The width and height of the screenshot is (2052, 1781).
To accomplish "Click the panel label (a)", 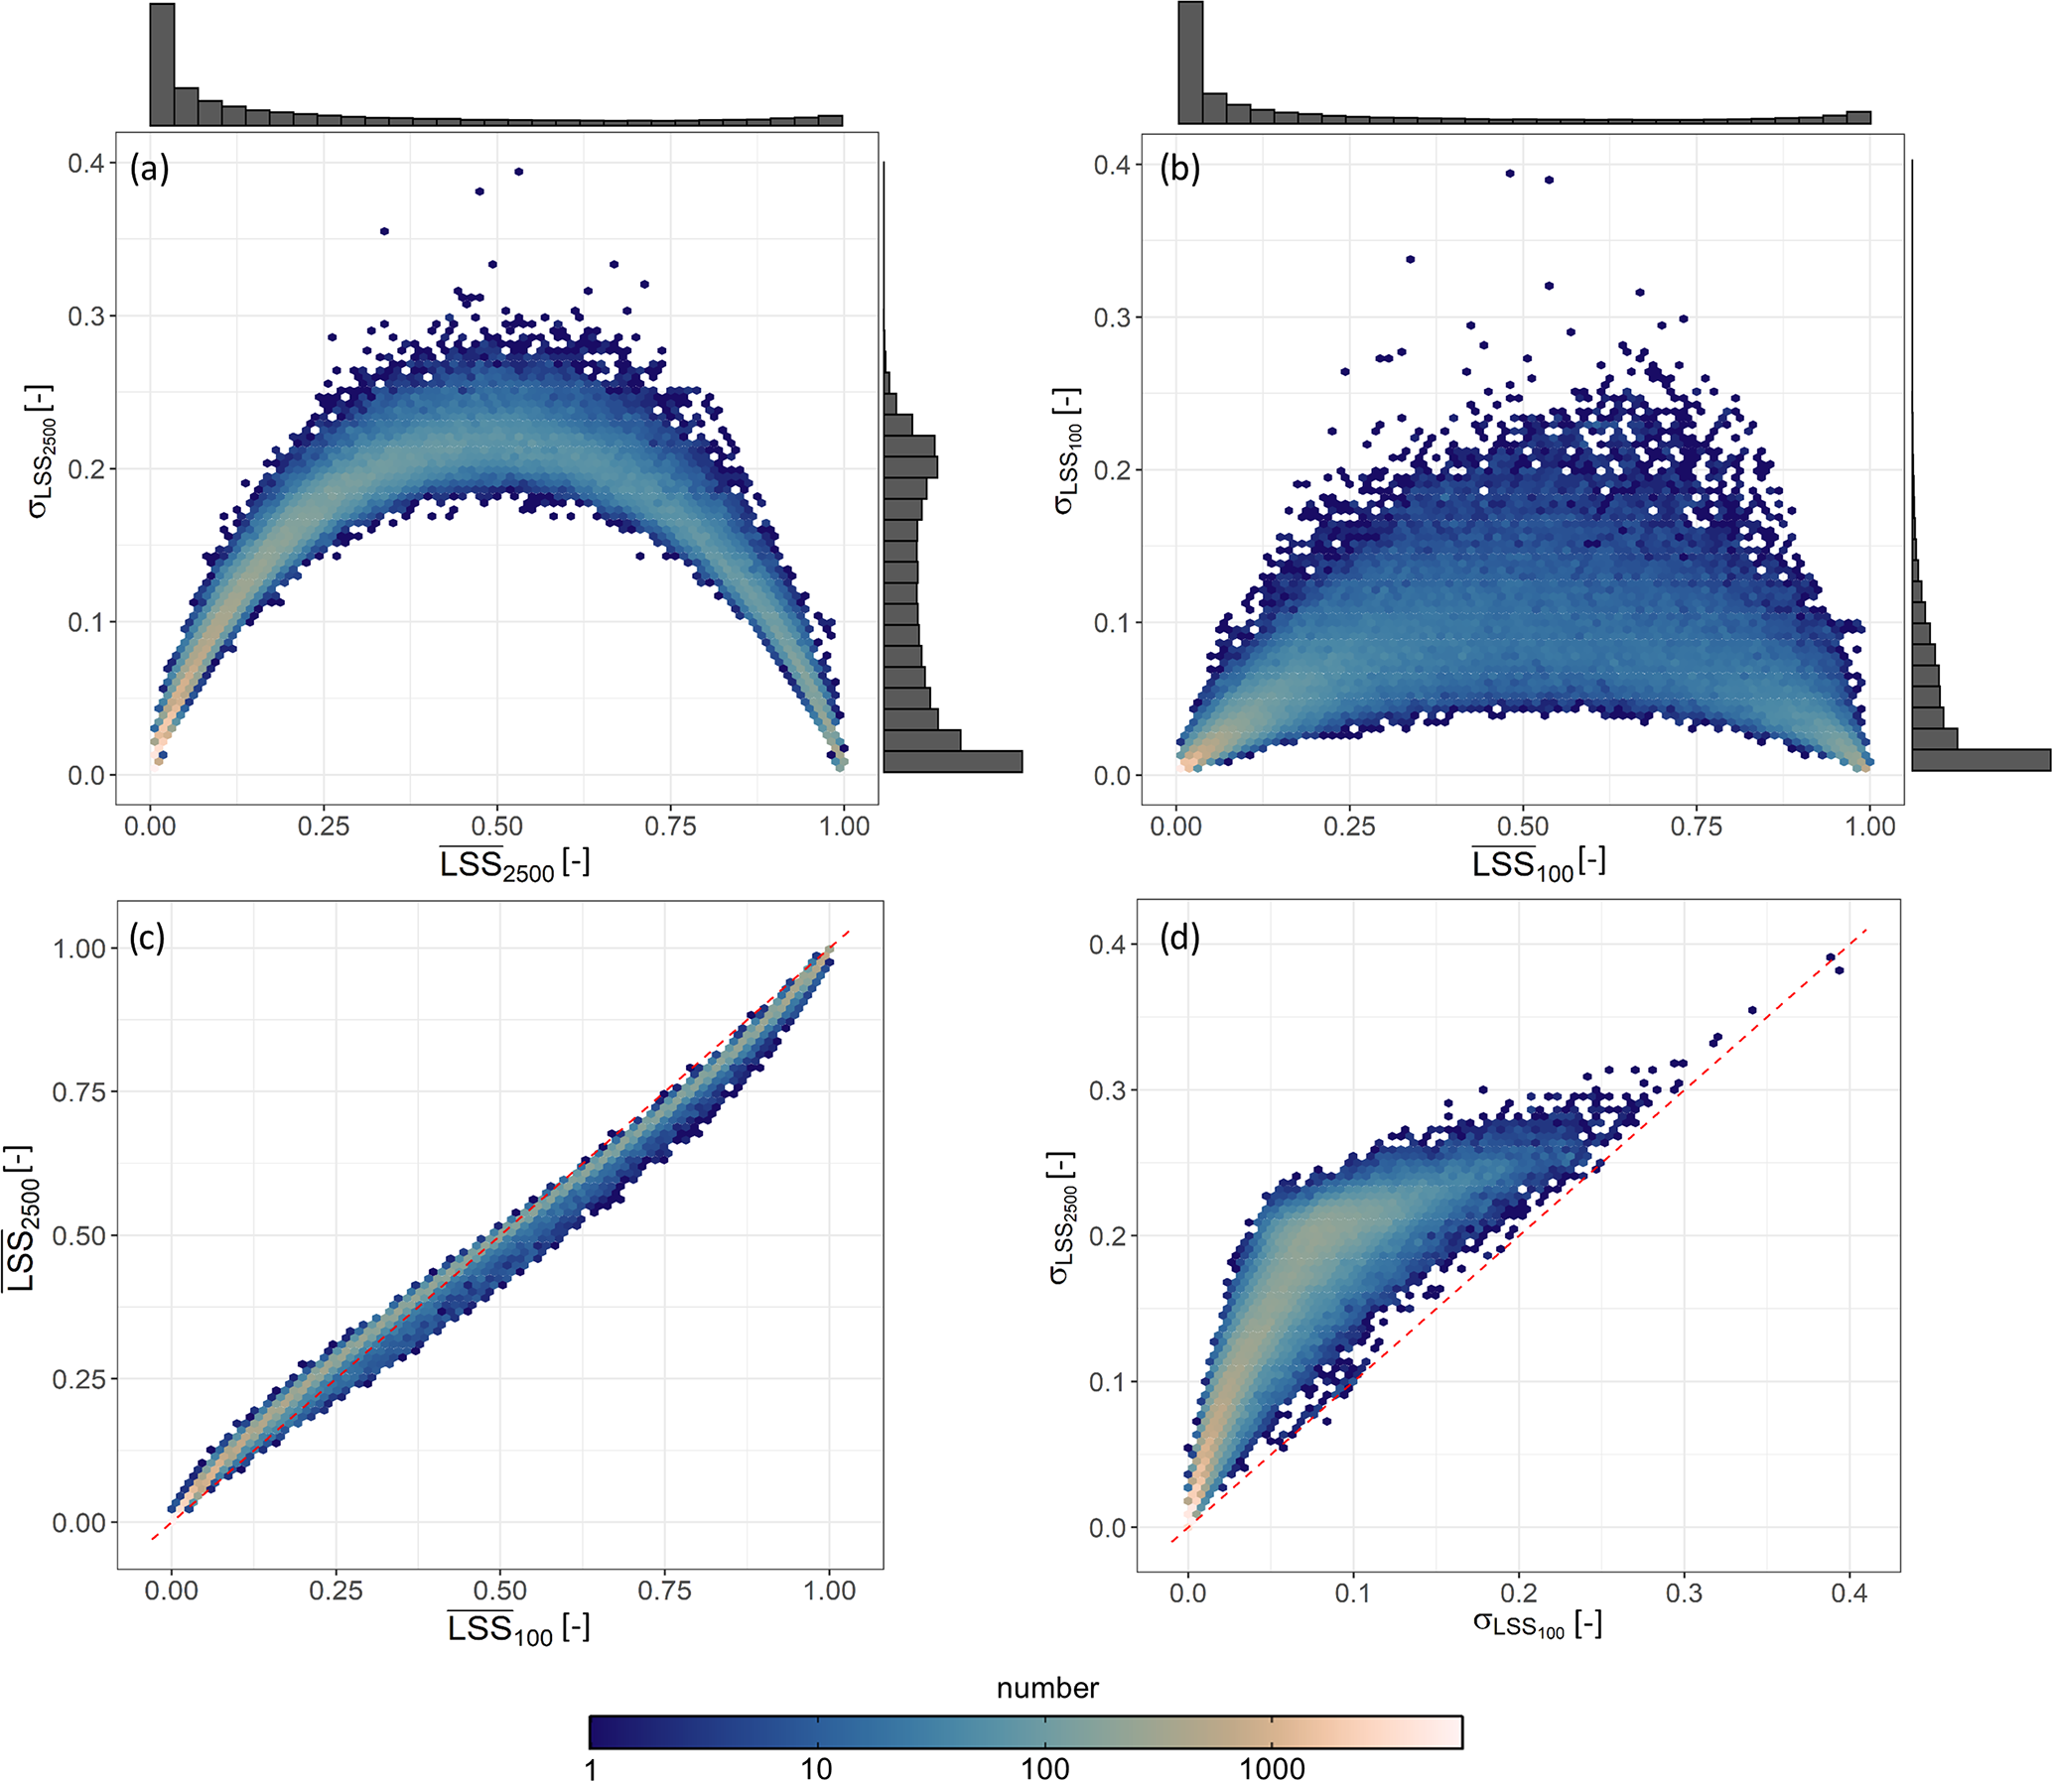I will point(150,169).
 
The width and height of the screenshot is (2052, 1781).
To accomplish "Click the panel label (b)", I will point(1180,169).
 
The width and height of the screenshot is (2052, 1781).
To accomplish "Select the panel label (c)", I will point(147,939).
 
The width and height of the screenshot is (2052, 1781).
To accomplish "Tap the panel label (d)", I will point(1180,939).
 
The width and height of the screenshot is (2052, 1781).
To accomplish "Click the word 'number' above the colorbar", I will point(1047,1689).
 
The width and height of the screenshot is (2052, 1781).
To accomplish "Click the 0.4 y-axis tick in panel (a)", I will point(86,163).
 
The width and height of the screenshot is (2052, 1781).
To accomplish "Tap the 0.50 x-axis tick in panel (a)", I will point(496,826).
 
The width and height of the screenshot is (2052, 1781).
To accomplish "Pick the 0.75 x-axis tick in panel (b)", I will point(1696,826).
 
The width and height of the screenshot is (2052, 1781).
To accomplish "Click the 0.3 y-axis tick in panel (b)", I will point(1114,318).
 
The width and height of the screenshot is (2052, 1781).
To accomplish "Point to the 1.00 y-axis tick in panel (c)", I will point(78,949).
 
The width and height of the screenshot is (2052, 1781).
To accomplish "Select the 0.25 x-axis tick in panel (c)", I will point(335,1590).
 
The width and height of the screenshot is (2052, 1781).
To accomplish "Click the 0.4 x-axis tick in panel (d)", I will point(1848,1593).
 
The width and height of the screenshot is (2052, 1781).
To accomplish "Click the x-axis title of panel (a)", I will point(515,863).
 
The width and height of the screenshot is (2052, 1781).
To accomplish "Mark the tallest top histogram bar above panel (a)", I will point(162,64).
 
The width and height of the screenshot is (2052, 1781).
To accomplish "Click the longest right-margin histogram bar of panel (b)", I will point(1981,760).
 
